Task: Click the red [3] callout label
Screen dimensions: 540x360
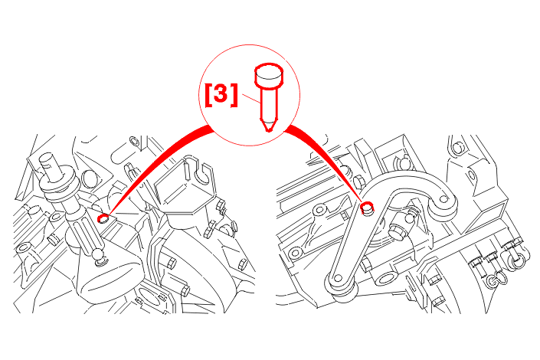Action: [221, 95]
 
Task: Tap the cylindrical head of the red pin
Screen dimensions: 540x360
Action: [269, 75]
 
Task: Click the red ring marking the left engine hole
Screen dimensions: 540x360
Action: [103, 218]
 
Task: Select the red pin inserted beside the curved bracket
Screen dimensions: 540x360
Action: [367, 208]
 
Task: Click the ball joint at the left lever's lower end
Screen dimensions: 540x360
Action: [99, 256]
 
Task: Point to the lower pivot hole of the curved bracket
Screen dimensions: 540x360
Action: [339, 278]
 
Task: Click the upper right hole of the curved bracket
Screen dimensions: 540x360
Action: [444, 199]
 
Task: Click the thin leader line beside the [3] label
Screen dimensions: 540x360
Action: [251, 99]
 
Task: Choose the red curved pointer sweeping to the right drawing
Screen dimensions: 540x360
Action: [327, 159]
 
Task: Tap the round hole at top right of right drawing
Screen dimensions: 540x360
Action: [458, 149]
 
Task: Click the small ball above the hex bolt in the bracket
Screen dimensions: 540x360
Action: [409, 218]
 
